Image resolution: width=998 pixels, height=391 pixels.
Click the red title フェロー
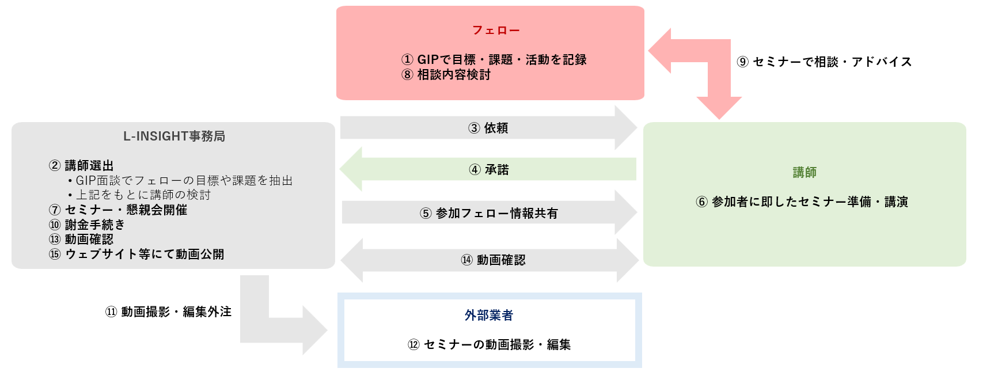(x=496, y=31)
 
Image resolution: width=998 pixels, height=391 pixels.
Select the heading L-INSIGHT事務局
(x=174, y=136)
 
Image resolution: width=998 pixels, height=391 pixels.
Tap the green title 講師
(x=805, y=172)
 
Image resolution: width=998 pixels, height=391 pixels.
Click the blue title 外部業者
(x=489, y=316)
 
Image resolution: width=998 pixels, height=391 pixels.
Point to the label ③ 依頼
(x=488, y=128)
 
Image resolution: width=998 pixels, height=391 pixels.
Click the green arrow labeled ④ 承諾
(x=403, y=169)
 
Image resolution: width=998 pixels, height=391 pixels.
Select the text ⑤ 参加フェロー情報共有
(x=489, y=213)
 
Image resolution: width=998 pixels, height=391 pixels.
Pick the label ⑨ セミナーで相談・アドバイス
(x=825, y=62)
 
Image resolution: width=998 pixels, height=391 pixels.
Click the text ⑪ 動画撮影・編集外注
(x=168, y=312)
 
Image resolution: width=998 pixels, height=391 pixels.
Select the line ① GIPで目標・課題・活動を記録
(x=494, y=60)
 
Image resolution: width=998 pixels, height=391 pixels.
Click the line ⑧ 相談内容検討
(x=446, y=75)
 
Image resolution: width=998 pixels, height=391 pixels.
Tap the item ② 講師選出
(x=81, y=166)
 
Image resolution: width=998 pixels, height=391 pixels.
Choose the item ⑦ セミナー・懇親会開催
(x=118, y=210)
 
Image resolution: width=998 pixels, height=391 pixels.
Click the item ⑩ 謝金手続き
(x=87, y=225)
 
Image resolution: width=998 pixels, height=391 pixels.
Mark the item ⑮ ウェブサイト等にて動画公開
(x=136, y=255)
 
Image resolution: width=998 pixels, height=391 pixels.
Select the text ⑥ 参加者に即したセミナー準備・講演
(x=802, y=202)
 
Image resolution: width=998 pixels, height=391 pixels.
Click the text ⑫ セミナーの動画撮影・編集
(x=489, y=345)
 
